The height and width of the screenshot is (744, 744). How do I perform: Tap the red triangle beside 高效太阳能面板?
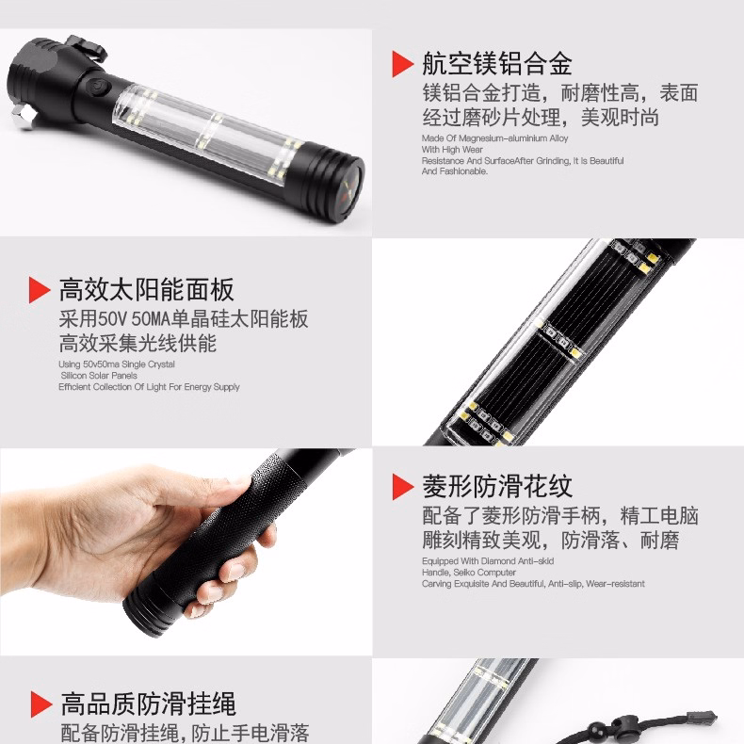(40, 289)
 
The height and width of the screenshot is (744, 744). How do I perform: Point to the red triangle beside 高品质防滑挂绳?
(40, 704)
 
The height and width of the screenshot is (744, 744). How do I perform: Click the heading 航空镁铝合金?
(497, 64)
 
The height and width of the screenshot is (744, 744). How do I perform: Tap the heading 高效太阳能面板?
(146, 289)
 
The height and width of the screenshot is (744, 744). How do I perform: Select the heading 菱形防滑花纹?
(497, 487)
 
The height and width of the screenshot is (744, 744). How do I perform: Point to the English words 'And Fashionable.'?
(455, 171)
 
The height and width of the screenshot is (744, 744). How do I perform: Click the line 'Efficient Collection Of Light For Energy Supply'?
(149, 386)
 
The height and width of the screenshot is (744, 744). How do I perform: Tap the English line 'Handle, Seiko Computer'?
(470, 573)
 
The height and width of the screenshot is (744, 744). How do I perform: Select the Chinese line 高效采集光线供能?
(137, 342)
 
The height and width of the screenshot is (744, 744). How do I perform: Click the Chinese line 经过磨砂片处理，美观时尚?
(540, 118)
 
